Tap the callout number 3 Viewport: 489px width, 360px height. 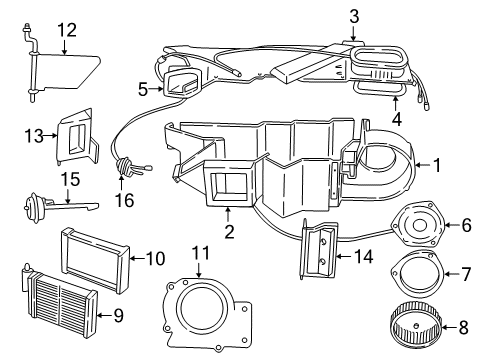[x=353, y=14]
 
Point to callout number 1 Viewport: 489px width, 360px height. [x=436, y=163]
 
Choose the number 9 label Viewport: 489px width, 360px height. [x=117, y=318]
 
